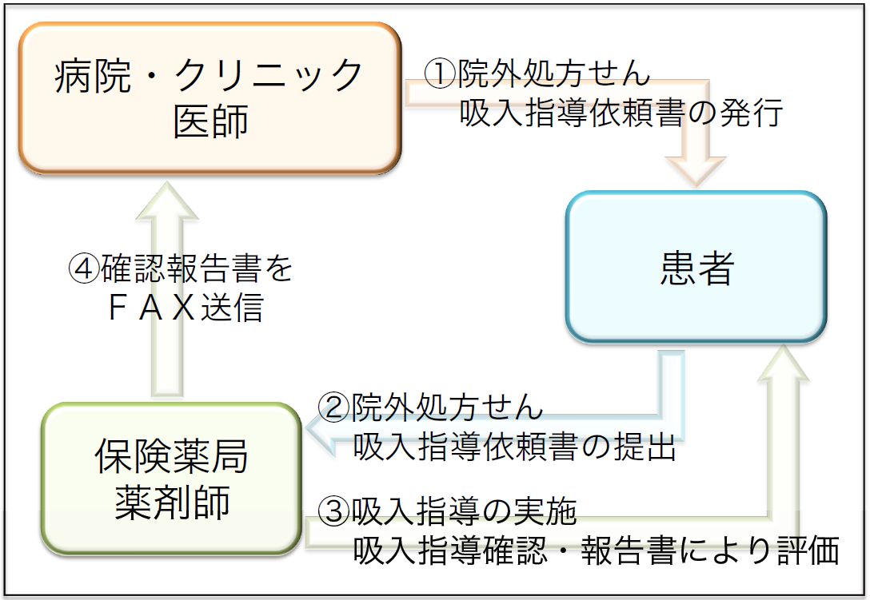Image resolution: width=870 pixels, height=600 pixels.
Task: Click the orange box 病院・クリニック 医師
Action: (210, 98)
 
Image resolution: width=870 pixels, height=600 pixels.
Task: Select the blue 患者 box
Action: (696, 267)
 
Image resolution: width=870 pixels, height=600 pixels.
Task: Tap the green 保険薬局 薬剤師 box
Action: (171, 479)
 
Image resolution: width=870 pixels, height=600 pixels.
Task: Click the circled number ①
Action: (440, 74)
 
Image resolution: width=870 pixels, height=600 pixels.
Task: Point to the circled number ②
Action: (333, 407)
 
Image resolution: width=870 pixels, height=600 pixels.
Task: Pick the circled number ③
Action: (334, 511)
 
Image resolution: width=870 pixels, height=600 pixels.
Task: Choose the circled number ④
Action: (84, 268)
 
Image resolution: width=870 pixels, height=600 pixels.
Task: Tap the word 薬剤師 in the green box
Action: (172, 503)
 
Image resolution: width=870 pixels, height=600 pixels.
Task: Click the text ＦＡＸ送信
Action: (186, 308)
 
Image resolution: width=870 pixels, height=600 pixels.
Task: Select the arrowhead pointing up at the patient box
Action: (784, 363)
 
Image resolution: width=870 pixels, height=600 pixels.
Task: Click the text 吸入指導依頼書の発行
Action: (621, 113)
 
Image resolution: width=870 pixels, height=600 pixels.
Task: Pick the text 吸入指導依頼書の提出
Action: (514, 447)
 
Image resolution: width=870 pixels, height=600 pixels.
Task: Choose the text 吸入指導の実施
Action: (464, 511)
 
